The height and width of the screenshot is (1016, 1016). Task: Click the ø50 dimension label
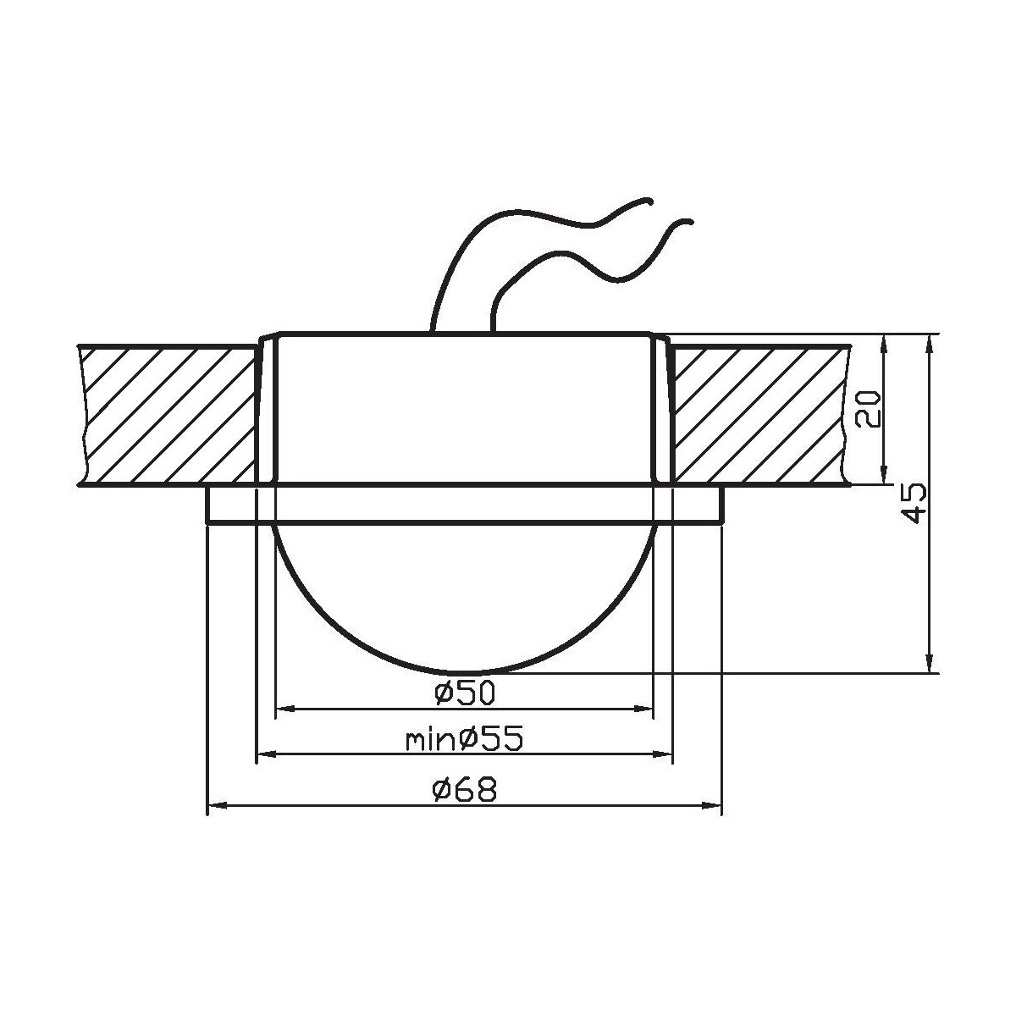464,693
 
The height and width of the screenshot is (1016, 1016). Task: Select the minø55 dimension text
464,741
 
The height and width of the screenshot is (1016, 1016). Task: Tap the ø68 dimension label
464,791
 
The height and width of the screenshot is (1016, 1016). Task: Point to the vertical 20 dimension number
869,409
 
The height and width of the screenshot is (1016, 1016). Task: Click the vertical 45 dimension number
914,504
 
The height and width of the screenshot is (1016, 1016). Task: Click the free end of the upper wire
649,202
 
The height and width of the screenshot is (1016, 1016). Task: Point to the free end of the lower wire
692,223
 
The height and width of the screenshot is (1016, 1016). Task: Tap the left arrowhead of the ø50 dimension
284,708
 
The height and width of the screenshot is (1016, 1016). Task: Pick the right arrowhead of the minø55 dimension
665,755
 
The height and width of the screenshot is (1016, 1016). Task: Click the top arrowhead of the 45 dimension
930,341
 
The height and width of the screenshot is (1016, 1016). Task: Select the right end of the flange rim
722,505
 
